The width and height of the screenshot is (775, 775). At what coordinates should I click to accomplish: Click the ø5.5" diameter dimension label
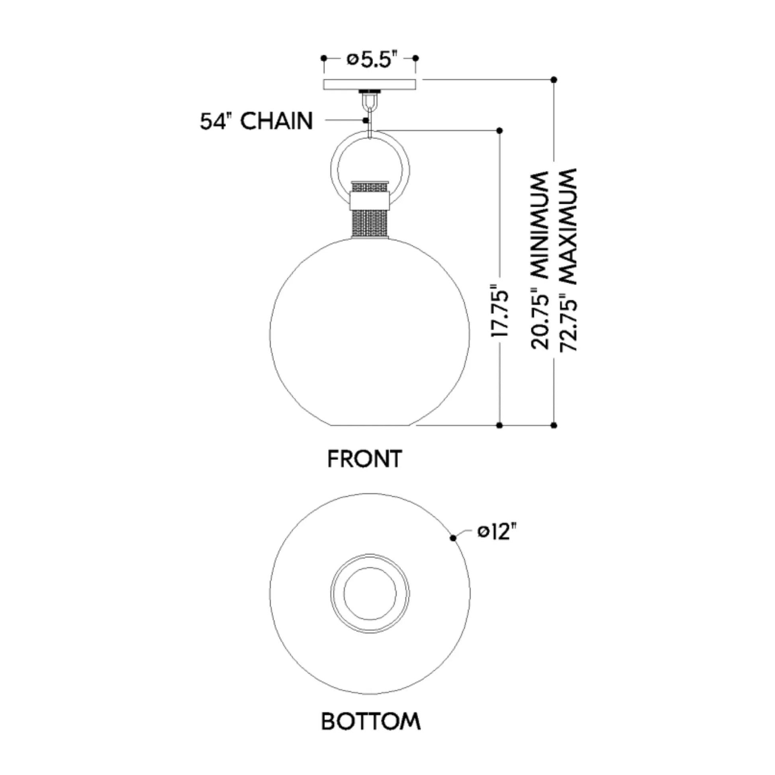coord(369,60)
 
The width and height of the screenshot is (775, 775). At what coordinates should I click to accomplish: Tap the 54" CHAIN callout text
coord(256,121)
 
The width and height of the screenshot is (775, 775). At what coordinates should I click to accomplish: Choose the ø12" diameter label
coord(496,532)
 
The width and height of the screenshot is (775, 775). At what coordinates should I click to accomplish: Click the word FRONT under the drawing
coord(365,459)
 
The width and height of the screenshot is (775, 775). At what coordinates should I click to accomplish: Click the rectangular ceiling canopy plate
coord(370,84)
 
